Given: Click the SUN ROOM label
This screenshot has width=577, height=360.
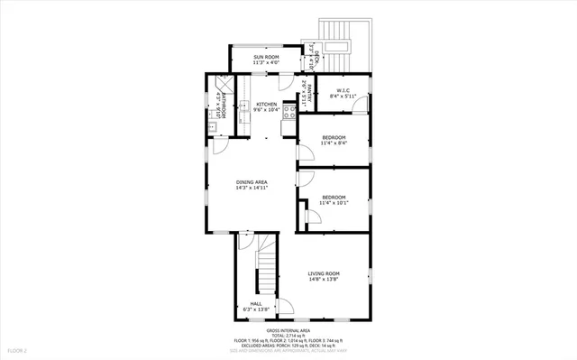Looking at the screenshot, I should coord(266,57).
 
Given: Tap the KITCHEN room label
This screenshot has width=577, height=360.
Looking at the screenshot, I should coord(266,105).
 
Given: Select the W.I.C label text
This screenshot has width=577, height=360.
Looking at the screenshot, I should coord(343,90).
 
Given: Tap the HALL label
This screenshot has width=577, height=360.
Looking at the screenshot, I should coord(256,303).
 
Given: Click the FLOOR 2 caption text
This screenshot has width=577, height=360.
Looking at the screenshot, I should coord(19,349).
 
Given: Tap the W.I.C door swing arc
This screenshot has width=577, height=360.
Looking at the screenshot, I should coord(359,106).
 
